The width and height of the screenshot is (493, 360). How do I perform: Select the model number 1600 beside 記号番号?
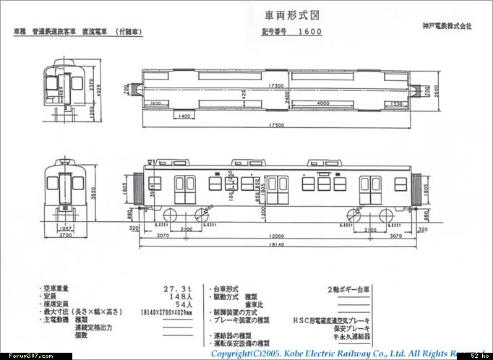310,32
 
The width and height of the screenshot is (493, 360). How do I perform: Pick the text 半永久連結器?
352,336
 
